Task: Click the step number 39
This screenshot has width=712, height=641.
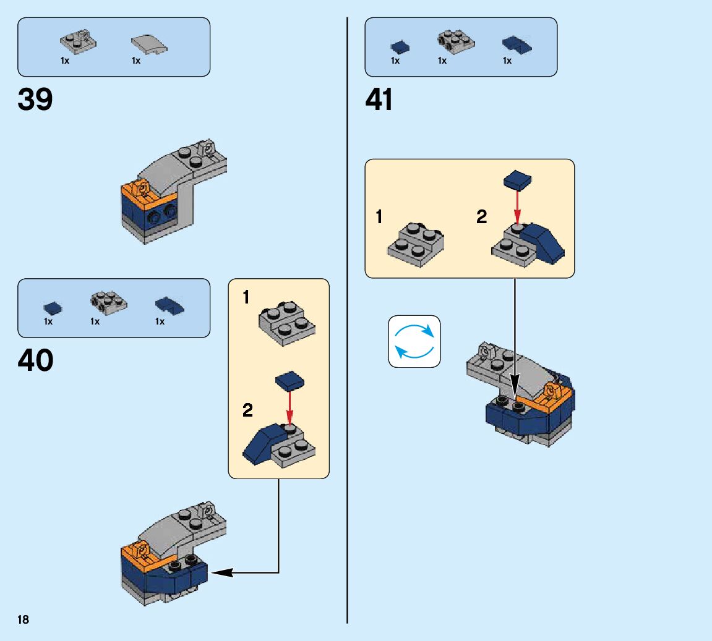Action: pos(35,99)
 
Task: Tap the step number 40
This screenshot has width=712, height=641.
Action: pos(35,360)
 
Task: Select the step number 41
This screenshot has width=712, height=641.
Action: pos(379,99)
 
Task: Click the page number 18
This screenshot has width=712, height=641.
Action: pos(24,620)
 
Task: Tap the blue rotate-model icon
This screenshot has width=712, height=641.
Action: pos(414,342)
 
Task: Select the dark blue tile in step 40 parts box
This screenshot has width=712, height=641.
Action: pos(53,307)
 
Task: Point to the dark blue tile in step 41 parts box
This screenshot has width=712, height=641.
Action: pos(400,46)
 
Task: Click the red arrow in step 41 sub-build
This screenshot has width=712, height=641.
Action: pos(518,207)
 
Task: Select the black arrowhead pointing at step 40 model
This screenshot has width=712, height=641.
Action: pos(222,573)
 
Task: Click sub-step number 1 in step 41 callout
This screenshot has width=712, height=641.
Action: pos(379,218)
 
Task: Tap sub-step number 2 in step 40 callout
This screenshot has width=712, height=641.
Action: pos(247,410)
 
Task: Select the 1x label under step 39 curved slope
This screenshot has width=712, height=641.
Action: pos(136,61)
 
